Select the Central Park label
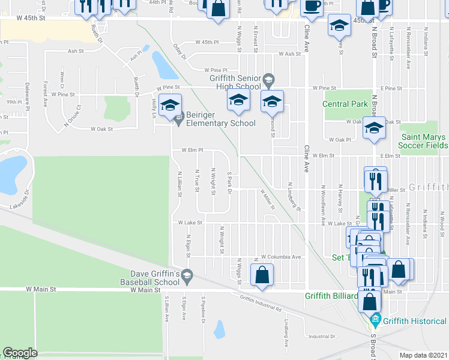click(x=345, y=104)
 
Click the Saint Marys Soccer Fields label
click(x=423, y=141)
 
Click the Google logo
click(x=20, y=353)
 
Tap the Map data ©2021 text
click(x=423, y=355)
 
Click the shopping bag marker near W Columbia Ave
click(x=262, y=276)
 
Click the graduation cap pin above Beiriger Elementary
click(x=170, y=104)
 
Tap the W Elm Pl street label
click(x=189, y=150)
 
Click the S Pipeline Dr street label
click(x=203, y=310)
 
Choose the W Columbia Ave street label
click(x=281, y=256)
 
